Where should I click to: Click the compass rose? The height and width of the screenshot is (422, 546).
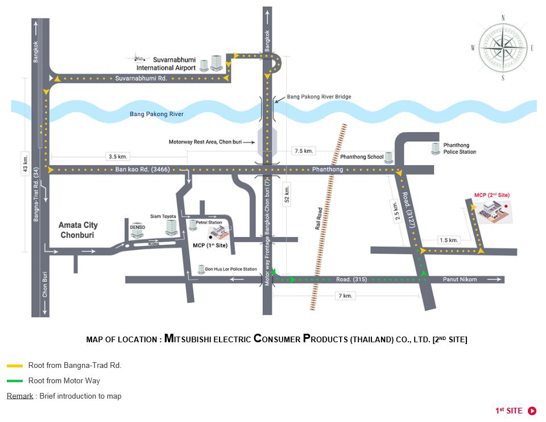(503, 48)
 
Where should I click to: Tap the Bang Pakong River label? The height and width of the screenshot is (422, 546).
(156, 114)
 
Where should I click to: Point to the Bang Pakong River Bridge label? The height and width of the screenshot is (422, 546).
(318, 97)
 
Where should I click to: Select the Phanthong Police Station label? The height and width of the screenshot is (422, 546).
(460, 149)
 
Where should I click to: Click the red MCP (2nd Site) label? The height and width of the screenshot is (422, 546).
(492, 195)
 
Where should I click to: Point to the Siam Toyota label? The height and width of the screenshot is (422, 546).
(163, 216)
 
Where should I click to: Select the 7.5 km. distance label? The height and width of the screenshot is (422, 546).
(303, 151)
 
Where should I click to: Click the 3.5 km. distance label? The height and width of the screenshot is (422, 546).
(118, 155)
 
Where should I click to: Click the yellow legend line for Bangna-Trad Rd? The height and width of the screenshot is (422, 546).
(15, 366)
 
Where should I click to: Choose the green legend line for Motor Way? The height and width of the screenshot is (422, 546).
(15, 380)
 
